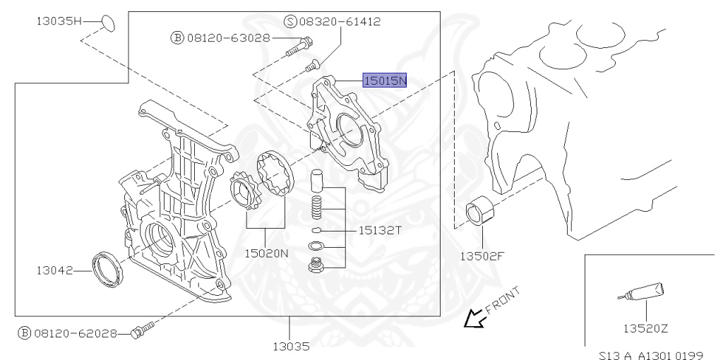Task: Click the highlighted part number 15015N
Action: pos(385,80)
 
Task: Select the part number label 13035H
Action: pos(59,21)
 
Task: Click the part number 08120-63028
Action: pos(228,37)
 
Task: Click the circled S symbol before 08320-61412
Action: pos(290,22)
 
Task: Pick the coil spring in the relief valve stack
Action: pos(318,208)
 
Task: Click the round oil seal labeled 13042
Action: pos(107,268)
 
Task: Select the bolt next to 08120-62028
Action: pos(143,330)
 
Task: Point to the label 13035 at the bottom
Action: pos(290,346)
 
